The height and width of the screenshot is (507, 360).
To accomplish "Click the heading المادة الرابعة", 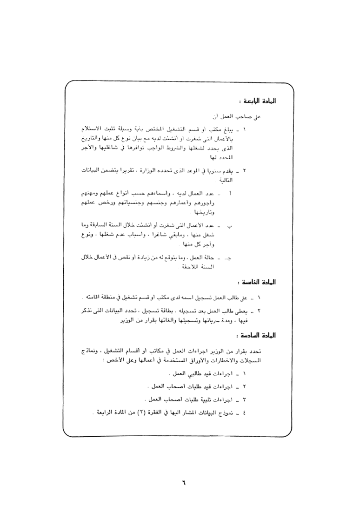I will pyautogui.click(x=254, y=101).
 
